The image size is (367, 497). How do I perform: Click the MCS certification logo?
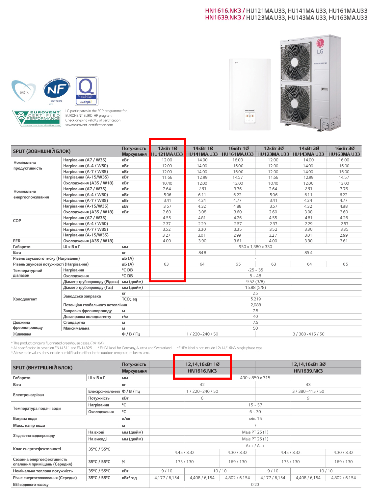pyautogui.click(x=24, y=91)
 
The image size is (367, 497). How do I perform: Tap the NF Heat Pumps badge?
pyautogui.click(x=57, y=90)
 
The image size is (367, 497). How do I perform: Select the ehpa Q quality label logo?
pyautogui.click(x=87, y=91)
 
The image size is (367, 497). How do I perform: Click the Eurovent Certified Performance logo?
pyautogui.click(x=37, y=118)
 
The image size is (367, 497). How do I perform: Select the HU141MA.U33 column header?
pyautogui.click(x=202, y=154)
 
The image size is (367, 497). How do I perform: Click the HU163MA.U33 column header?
pyautogui.click(x=344, y=154)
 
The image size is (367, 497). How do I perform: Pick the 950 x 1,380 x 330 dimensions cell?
pyautogui.click(x=255, y=247)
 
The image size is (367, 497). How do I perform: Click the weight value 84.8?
pyautogui.click(x=202, y=253)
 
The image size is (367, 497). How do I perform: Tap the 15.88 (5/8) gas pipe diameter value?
pyautogui.click(x=255, y=288)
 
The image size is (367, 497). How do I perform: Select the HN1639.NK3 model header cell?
pyautogui.click(x=308, y=371)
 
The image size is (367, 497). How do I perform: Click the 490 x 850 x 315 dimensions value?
pyautogui.click(x=255, y=378)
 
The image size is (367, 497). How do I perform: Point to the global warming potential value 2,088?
pyautogui.click(x=255, y=305)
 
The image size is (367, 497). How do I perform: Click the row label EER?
pyautogui.click(x=17, y=241)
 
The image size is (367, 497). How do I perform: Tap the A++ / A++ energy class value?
pyautogui.click(x=255, y=446)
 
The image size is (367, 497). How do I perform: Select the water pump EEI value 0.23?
pyautogui.click(x=255, y=485)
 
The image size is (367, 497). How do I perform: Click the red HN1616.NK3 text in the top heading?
pyautogui.click(x=223, y=11)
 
